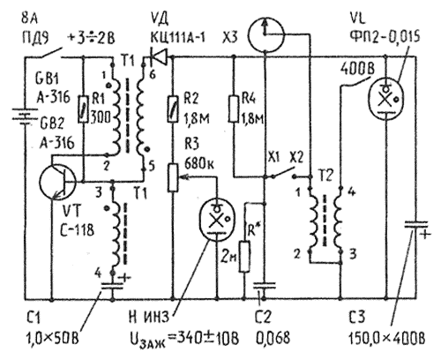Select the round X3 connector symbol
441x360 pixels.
262,36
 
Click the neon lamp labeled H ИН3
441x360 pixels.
217,215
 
